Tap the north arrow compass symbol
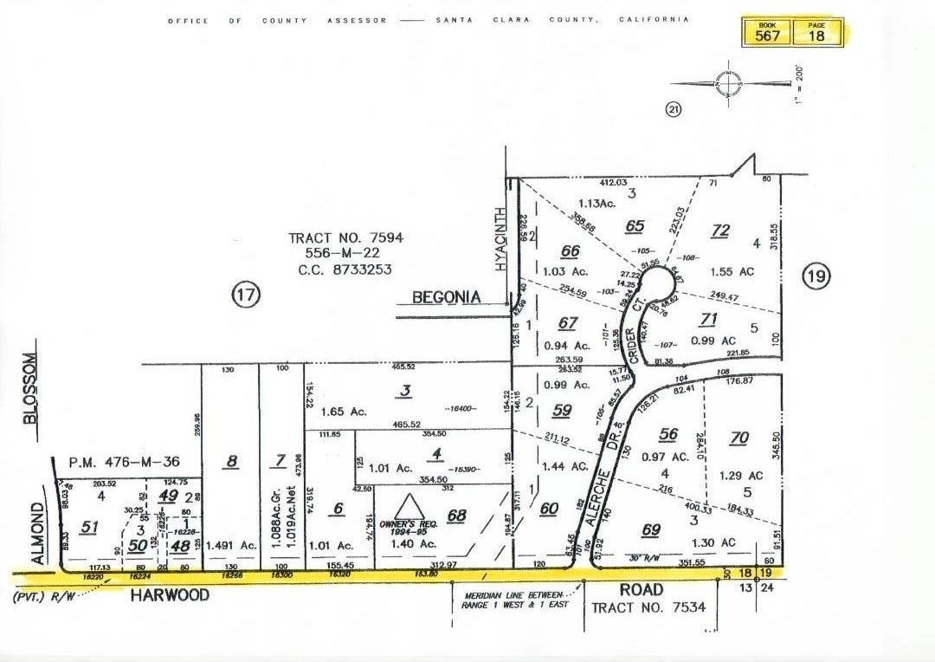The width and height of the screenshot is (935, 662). pyautogui.click(x=729, y=84)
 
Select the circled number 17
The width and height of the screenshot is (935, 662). pyautogui.click(x=245, y=295)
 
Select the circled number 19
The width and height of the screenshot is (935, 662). pyautogui.click(x=816, y=277)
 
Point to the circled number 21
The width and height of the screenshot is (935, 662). pyautogui.click(x=672, y=109)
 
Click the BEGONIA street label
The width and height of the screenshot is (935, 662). pyautogui.click(x=446, y=297)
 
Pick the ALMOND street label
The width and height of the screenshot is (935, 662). pyautogui.click(x=38, y=532)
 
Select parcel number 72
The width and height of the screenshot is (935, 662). pyautogui.click(x=719, y=230)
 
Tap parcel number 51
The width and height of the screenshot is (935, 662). pyautogui.click(x=88, y=527)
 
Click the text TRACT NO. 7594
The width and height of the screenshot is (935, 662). pyautogui.click(x=346, y=237)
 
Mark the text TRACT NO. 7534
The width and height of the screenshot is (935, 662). pyautogui.click(x=648, y=607)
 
